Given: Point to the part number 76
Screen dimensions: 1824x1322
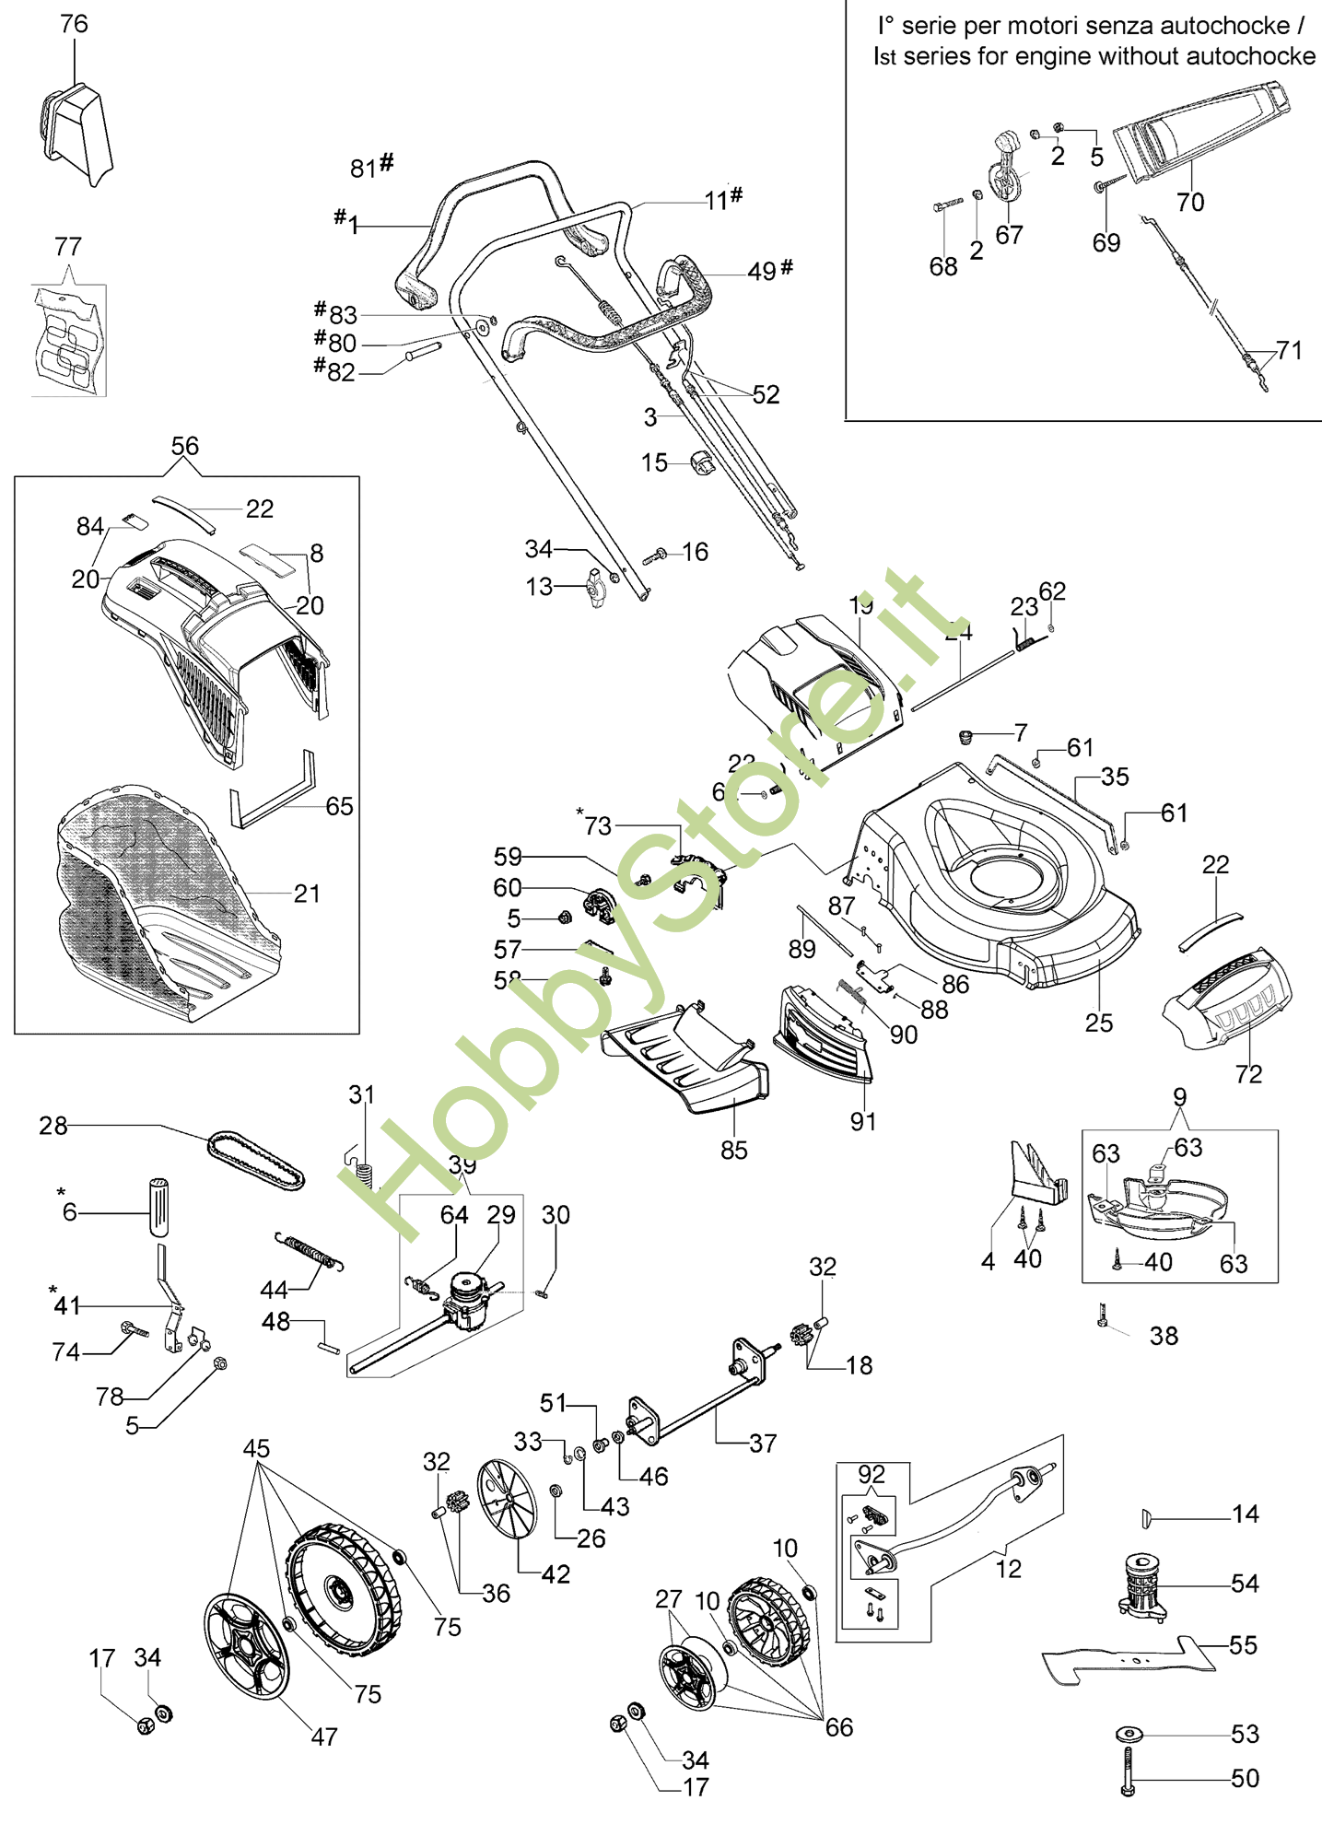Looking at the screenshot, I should point(74,24).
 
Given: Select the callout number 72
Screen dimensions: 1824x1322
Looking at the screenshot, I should point(1248,1074).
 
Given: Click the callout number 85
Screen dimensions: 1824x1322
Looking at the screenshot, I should point(734,1150).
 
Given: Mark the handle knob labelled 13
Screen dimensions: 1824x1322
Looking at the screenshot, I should point(595,589).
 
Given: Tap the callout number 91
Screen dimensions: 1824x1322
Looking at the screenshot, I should point(863,1121).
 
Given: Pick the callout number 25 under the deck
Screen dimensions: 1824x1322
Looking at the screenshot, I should point(1098,1023).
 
